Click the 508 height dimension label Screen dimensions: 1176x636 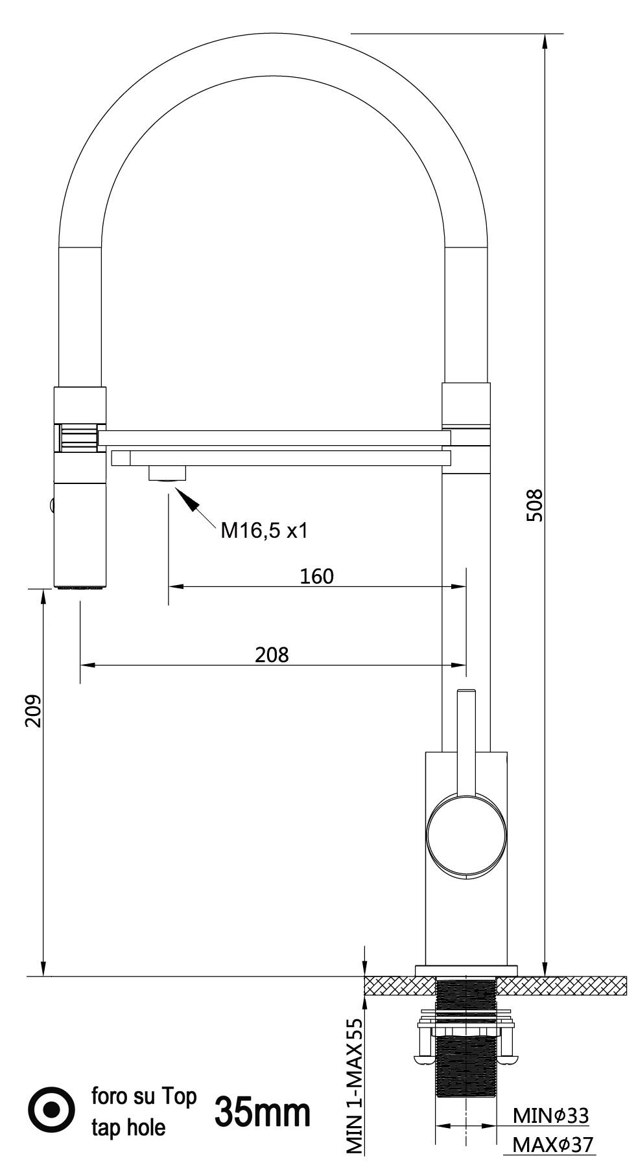pyautogui.click(x=534, y=505)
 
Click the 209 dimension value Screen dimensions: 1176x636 pyautogui.click(x=33, y=711)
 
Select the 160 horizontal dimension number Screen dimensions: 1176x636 pyautogui.click(x=316, y=576)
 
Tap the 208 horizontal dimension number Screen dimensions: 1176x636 pyautogui.click(x=271, y=654)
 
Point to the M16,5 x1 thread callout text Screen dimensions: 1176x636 pyautogui.click(x=264, y=531)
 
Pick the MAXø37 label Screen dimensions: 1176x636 pyautogui.click(x=552, y=1145)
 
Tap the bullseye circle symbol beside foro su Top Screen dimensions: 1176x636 pyautogui.click(x=53, y=1111)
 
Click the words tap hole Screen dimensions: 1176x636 pyautogui.click(x=128, y=1128)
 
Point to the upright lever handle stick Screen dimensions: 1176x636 pyautogui.click(x=466, y=739)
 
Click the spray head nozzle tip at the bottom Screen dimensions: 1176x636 pyautogui.click(x=80, y=587)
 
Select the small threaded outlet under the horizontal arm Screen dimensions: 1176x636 pyautogui.click(x=167, y=473)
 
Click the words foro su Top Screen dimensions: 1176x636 pyautogui.click(x=143, y=1096)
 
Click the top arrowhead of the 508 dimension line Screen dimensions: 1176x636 pyautogui.click(x=545, y=40)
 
